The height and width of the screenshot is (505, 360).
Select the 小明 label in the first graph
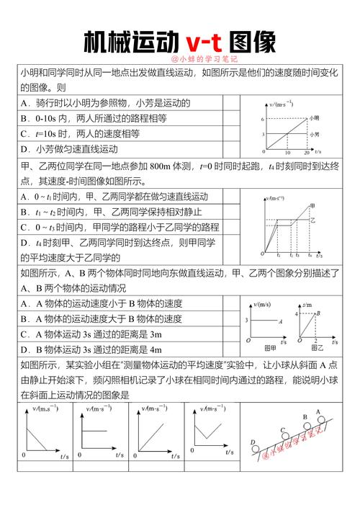coord(315,117)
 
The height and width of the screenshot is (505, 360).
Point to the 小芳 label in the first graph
coord(315,134)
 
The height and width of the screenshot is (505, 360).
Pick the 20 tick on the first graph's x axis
coord(306,153)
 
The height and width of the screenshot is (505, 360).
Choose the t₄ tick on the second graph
coord(310,256)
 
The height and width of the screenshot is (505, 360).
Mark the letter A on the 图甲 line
coord(279,320)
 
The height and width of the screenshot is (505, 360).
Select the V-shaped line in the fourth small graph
coord(210,433)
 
